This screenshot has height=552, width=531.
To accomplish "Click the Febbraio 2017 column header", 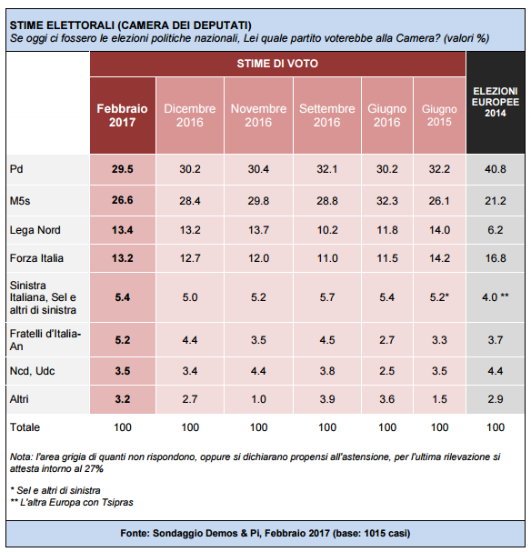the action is click(122, 115).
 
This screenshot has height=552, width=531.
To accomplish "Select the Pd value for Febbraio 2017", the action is click(123, 169).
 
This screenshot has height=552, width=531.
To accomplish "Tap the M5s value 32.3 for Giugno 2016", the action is click(387, 201).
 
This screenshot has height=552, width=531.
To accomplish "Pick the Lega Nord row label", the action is click(35, 230).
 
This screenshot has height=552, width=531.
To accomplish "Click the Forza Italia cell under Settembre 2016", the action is click(327, 258).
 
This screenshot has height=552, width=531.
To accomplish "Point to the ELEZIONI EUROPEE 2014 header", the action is click(496, 102).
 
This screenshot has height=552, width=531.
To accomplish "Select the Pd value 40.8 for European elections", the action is click(496, 169).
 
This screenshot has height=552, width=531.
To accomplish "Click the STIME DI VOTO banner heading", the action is click(277, 64).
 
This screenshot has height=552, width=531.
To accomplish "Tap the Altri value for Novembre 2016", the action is click(258, 399).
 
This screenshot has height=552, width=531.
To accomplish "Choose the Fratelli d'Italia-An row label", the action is click(45, 340).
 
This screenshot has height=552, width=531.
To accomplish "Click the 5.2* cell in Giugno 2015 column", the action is click(439, 297).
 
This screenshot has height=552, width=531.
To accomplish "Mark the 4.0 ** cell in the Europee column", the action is click(496, 297).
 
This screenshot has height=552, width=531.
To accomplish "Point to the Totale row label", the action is click(25, 427).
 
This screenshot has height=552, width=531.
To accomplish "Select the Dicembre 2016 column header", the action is click(190, 115).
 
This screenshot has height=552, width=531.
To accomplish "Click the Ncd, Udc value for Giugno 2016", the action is click(387, 371).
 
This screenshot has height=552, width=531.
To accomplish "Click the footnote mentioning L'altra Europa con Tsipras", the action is click(72, 502).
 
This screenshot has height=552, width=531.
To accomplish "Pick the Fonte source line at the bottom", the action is click(265, 533).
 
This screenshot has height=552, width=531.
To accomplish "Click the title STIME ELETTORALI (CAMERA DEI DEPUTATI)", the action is click(131, 25).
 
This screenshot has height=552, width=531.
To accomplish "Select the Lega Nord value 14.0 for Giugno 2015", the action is click(439, 230).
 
